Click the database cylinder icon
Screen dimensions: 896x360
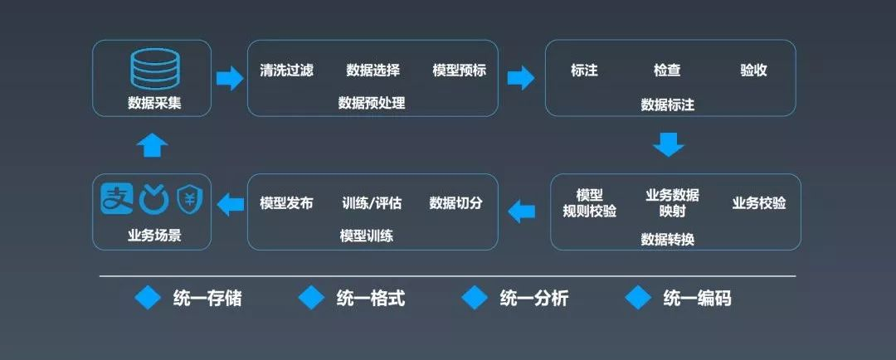154,69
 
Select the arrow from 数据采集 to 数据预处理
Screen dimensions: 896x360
229,78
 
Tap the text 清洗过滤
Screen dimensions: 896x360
286,71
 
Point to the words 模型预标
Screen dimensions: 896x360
459,71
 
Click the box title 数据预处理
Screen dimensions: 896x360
372,103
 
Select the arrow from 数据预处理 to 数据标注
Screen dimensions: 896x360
520,78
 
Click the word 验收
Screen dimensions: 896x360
753,71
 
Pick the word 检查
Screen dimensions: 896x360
667,71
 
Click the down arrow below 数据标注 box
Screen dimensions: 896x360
668,144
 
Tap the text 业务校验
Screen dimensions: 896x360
759,203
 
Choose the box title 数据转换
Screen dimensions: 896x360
668,239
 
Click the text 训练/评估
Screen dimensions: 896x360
372,203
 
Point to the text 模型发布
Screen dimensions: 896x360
286,203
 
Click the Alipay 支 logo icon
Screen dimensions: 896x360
117,198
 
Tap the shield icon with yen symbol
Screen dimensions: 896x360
190,199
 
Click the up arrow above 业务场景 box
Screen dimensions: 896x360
152,145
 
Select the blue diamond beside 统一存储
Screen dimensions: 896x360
149,298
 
